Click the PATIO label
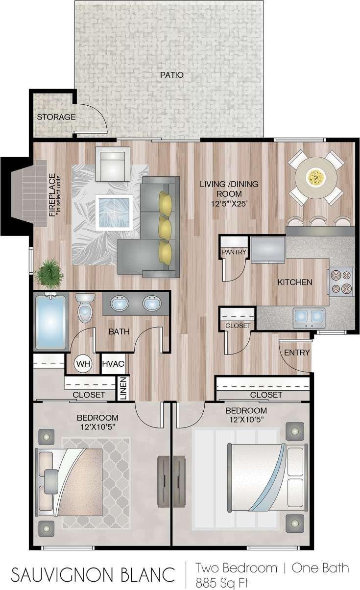(171, 75)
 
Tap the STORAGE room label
(56, 117)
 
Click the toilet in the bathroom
(85, 308)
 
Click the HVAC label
(113, 364)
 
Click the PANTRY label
(234, 252)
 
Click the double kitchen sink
(309, 317)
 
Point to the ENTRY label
(297, 353)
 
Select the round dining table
(313, 177)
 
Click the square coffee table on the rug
(114, 212)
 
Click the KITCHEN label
(295, 282)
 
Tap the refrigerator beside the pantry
(268, 250)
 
